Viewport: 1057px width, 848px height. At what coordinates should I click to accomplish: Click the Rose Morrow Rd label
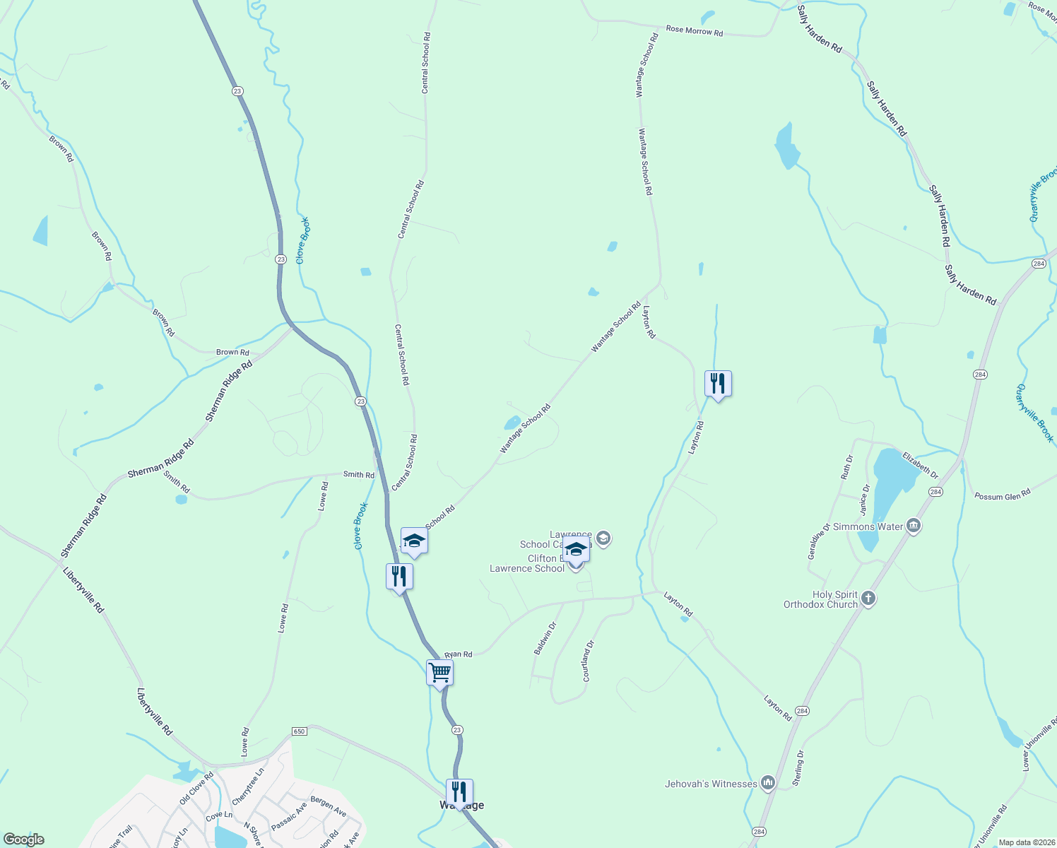[694, 31]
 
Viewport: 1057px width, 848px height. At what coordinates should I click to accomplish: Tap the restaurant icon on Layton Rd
[718, 384]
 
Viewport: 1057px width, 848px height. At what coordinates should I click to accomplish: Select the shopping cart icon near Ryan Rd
[439, 673]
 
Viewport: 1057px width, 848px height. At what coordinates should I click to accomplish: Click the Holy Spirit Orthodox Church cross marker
[868, 599]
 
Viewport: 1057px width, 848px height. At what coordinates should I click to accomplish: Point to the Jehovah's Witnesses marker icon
[768, 783]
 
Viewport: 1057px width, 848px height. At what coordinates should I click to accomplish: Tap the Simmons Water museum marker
[914, 526]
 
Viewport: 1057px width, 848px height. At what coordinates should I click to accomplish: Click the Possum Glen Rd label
[1002, 495]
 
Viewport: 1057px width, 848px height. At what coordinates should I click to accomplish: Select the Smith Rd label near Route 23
[358, 475]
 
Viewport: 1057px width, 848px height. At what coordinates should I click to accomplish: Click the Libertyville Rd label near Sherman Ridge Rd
[83, 589]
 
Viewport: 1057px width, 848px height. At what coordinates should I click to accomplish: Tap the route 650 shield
[299, 731]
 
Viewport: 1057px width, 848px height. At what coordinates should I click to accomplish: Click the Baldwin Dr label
[545, 637]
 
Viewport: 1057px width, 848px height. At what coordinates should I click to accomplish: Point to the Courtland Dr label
[588, 661]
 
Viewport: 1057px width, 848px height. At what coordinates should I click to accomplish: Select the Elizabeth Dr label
[920, 466]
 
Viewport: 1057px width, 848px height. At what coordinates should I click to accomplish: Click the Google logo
[23, 840]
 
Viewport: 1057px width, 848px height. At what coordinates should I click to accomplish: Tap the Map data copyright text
[1026, 842]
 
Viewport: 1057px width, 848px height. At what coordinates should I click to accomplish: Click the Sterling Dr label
[799, 768]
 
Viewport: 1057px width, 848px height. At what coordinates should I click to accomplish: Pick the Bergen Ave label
[328, 807]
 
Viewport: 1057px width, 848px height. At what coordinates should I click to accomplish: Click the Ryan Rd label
[458, 654]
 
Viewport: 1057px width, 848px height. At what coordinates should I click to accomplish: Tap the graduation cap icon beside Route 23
[413, 541]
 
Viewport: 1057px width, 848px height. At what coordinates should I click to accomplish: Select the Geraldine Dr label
[818, 541]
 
